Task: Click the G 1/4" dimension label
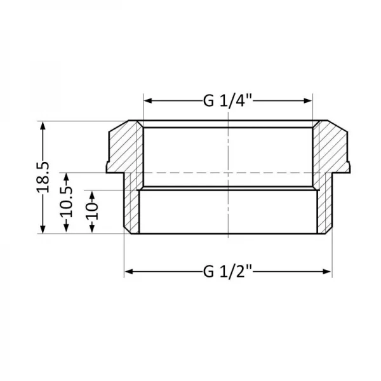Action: point(228,100)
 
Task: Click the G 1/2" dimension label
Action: point(228,272)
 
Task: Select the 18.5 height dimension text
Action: point(44,178)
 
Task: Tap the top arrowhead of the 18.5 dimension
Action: point(44,125)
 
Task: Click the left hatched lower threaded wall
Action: point(132,210)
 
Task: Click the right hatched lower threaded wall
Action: point(324,210)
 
